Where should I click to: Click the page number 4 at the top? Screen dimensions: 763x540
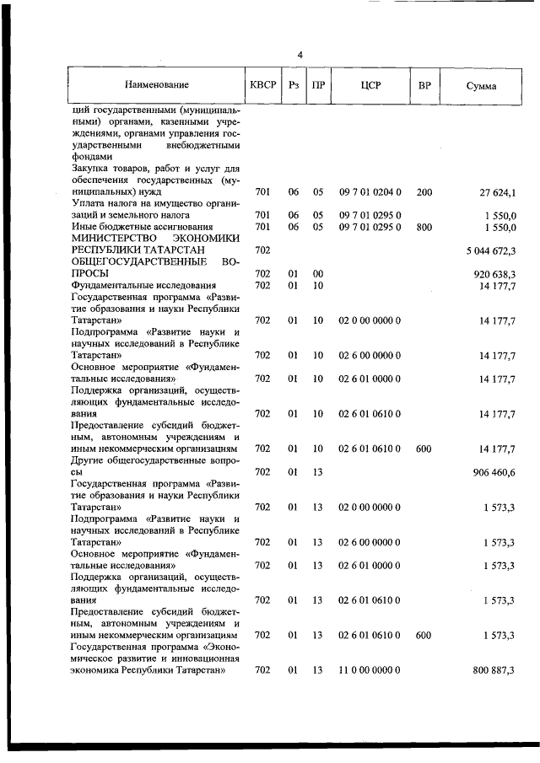click(x=300, y=56)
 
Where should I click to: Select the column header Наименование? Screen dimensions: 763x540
click(x=157, y=85)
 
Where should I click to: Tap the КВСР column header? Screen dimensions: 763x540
click(x=262, y=85)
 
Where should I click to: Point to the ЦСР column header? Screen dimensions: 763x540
click(x=370, y=85)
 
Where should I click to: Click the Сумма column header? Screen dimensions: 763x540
click(x=481, y=86)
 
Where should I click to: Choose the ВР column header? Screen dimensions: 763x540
click(x=424, y=85)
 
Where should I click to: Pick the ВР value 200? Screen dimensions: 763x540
click(x=424, y=193)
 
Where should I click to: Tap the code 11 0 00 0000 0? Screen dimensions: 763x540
click(x=370, y=669)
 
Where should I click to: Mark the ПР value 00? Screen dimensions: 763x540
click(x=318, y=274)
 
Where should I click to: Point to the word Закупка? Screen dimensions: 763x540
click(x=91, y=169)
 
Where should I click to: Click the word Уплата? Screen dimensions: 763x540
click(x=89, y=204)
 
